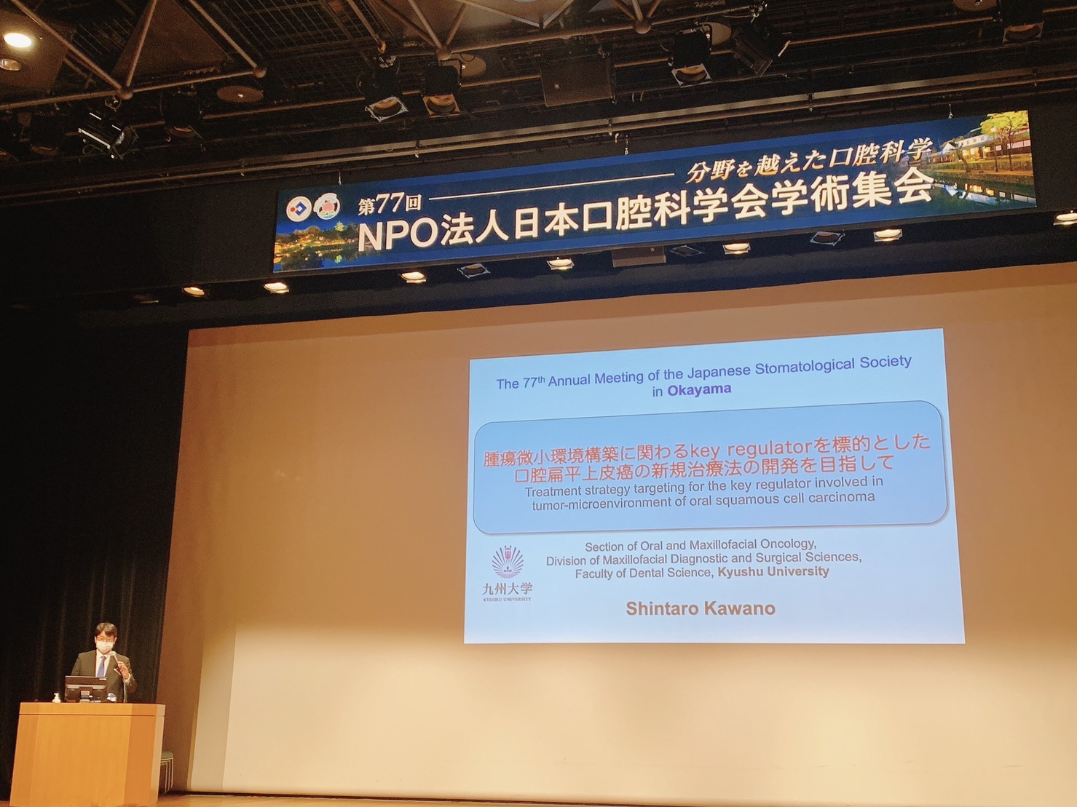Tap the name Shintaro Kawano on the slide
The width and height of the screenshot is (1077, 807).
(x=701, y=609)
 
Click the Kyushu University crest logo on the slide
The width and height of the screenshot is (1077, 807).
(x=508, y=562)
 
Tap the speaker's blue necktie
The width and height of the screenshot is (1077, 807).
(x=101, y=666)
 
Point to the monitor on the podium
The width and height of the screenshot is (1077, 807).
(x=86, y=688)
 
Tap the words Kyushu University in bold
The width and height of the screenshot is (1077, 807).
(x=773, y=572)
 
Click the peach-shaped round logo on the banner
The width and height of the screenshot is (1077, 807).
(x=327, y=207)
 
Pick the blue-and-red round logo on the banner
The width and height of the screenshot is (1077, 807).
(x=299, y=210)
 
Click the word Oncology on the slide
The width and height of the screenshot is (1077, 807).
(x=787, y=544)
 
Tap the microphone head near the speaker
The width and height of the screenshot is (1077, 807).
(x=113, y=654)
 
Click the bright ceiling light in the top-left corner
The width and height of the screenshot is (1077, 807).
(x=17, y=40)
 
